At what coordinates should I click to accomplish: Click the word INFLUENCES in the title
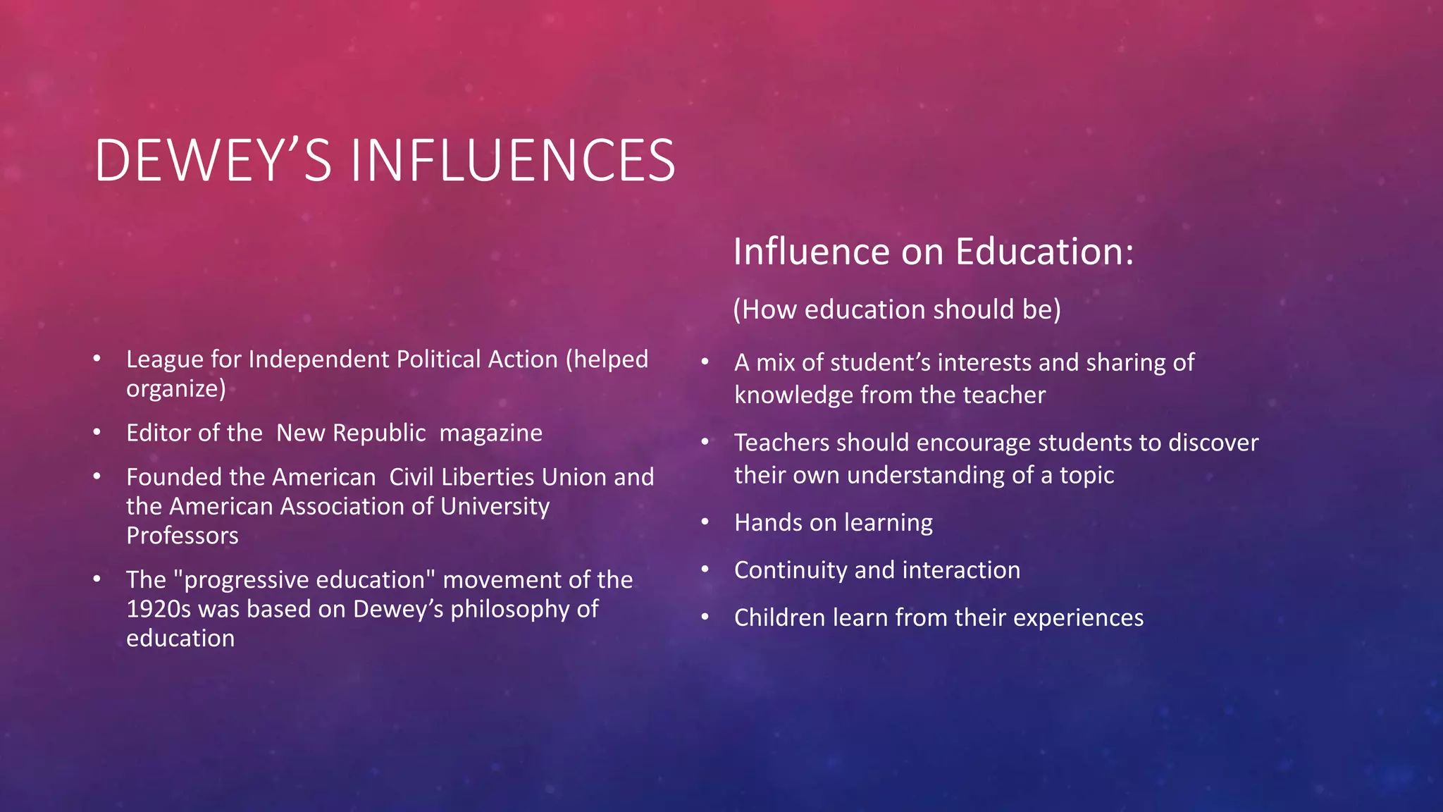tap(512, 161)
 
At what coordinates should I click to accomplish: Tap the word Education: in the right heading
tap(1045, 252)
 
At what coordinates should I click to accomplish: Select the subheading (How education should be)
tap(896, 309)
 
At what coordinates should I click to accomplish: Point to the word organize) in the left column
tap(176, 388)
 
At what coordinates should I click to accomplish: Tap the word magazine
tap(490, 433)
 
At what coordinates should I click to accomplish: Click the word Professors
tap(182, 536)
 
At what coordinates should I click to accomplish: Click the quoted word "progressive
tap(240, 580)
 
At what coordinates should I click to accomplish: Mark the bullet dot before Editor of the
tap(97, 431)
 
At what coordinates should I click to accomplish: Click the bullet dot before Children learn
tap(705, 617)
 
